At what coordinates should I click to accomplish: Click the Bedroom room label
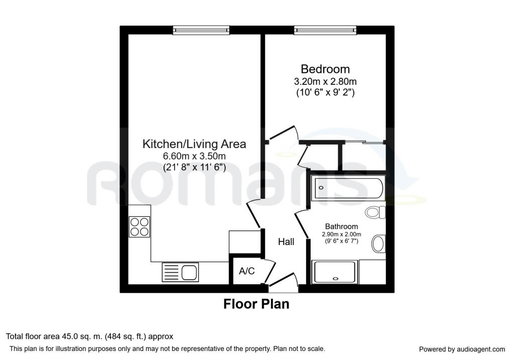tap(325, 69)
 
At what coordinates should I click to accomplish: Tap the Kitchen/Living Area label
tap(194, 144)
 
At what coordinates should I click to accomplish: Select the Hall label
tap(286, 242)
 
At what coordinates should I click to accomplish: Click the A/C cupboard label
tap(246, 271)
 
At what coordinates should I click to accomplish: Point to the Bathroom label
tap(341, 226)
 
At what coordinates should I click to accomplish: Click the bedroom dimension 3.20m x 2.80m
tap(325, 81)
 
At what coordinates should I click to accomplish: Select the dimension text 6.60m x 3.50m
tap(194, 156)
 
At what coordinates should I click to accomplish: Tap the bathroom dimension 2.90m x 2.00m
tap(341, 234)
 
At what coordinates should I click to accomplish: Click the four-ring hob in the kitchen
tap(140, 227)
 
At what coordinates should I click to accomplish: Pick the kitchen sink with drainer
tap(180, 273)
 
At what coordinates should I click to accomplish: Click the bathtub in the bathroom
tap(349, 188)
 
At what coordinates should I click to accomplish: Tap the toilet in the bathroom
tap(375, 212)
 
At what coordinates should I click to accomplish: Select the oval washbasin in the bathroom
tap(378, 244)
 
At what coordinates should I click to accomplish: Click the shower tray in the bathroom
tap(334, 272)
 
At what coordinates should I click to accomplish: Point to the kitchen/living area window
tap(201, 31)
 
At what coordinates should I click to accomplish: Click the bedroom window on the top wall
tap(325, 31)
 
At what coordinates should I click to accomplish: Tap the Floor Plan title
tap(256, 304)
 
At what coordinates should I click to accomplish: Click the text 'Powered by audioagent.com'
tap(462, 349)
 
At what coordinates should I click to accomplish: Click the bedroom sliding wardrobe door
tap(364, 142)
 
